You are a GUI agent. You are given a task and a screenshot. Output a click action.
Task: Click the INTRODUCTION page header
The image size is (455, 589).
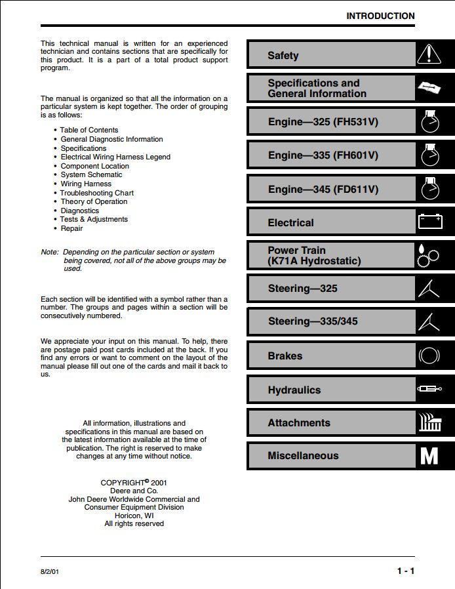pyautogui.click(x=380, y=16)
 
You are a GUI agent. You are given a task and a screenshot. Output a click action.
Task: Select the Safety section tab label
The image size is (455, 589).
pyautogui.click(x=283, y=56)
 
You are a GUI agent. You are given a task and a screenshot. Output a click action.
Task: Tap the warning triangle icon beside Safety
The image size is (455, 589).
pyautogui.click(x=430, y=54)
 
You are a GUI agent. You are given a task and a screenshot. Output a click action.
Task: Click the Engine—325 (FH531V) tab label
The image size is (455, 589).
pyautogui.click(x=323, y=122)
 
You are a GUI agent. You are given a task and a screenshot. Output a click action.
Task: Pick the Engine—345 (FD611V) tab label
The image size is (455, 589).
pyautogui.click(x=323, y=190)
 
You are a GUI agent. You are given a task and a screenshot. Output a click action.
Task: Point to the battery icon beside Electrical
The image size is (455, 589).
pyautogui.click(x=430, y=222)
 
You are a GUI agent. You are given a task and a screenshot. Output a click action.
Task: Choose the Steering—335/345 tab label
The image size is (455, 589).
pyautogui.click(x=313, y=321)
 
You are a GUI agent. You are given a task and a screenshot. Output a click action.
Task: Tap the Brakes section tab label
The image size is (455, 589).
pyautogui.click(x=285, y=356)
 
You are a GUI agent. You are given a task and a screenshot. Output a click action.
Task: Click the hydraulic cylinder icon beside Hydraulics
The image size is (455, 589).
pyautogui.click(x=430, y=390)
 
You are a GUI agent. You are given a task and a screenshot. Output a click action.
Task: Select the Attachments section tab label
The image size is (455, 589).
pyautogui.click(x=299, y=423)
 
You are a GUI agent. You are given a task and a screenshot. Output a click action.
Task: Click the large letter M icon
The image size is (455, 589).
pyautogui.click(x=429, y=456)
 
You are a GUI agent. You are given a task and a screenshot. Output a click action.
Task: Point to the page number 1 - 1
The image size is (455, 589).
pyautogui.click(x=405, y=571)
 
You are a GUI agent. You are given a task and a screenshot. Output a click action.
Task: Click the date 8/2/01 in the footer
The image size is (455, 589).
pyautogui.click(x=50, y=572)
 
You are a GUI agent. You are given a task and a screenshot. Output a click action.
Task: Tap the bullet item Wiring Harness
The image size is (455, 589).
pyautogui.click(x=86, y=184)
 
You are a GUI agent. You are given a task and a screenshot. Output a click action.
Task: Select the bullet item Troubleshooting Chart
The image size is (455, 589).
pyautogui.click(x=97, y=193)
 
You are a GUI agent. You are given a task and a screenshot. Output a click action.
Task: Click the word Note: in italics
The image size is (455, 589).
pyautogui.click(x=49, y=252)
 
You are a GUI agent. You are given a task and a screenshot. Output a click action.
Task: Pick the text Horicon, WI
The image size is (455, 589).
pyautogui.click(x=134, y=516)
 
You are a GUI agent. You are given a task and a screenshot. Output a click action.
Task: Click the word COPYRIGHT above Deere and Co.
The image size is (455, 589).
pyautogui.click(x=122, y=483)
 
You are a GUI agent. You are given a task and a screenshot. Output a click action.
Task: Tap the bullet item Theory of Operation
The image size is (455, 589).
pyautogui.click(x=94, y=201)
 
